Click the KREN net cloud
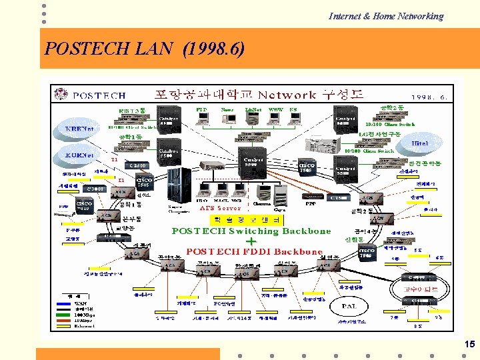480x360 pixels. click(x=79, y=129)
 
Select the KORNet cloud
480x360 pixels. click(x=79, y=155)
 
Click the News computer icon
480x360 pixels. click(x=227, y=117)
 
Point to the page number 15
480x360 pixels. click(x=469, y=344)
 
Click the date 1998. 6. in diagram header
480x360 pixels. click(x=429, y=97)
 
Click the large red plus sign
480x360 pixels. click(x=251, y=241)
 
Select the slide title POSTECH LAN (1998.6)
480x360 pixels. click(x=144, y=49)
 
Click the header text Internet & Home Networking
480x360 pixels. click(x=385, y=16)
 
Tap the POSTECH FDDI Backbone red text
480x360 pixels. click(x=254, y=252)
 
